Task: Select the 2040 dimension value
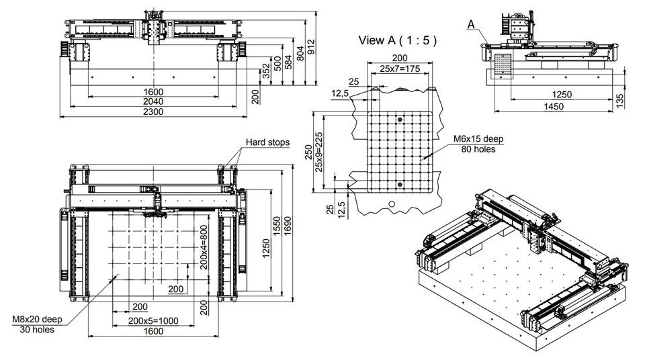tap(154, 101)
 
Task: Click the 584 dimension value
tap(288, 62)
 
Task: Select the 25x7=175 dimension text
tap(400, 69)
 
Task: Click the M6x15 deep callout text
tap(478, 139)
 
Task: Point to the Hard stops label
tap(267, 142)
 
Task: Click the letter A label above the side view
tap(471, 24)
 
